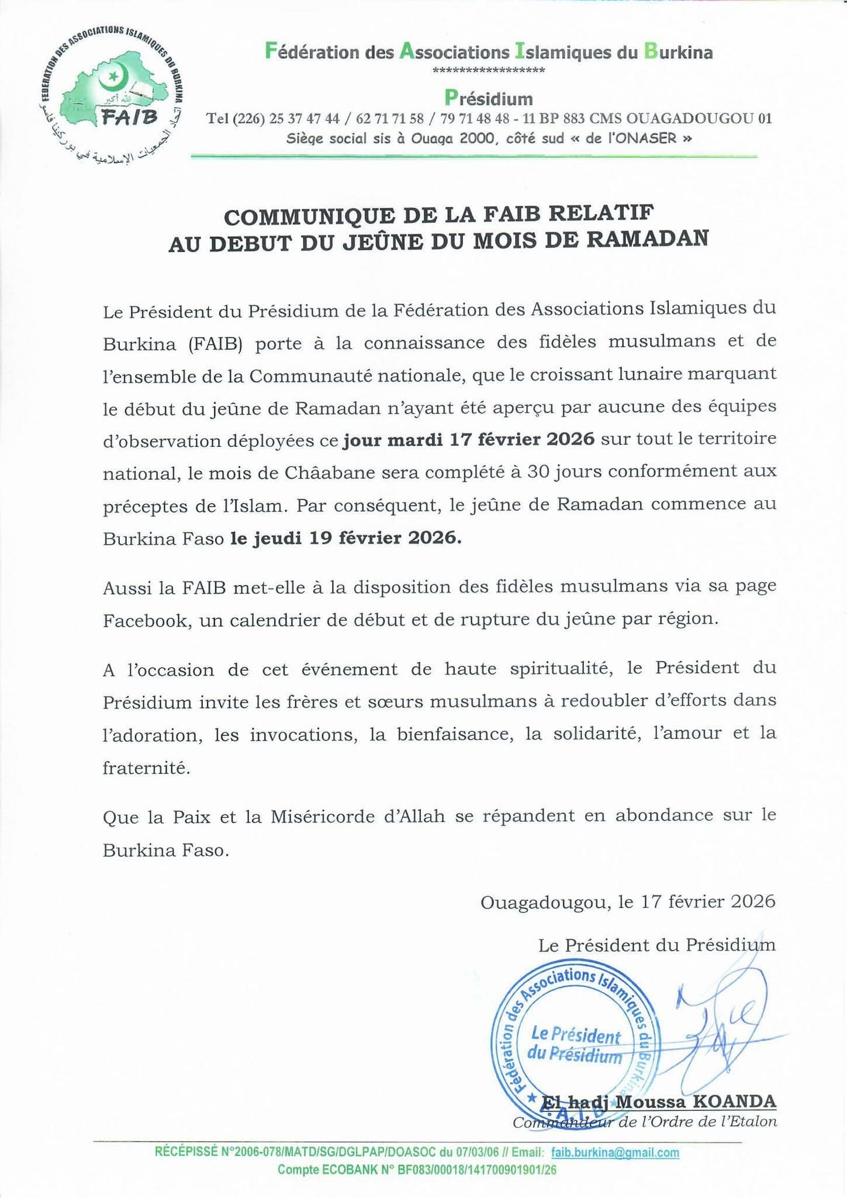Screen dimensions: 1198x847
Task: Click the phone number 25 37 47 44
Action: (304, 119)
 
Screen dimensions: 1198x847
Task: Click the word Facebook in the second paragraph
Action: (146, 620)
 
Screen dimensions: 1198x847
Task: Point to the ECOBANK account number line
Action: (417, 1169)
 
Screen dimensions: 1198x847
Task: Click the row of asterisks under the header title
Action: (489, 71)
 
